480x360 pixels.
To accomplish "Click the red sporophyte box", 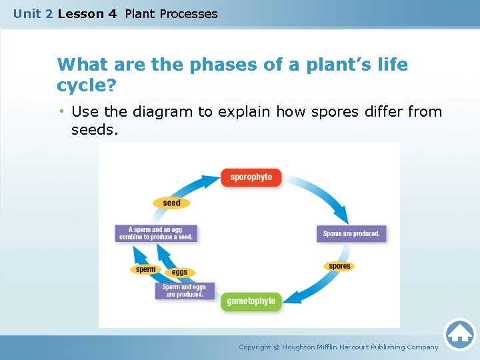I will tap(251, 177).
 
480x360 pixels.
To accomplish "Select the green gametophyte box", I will tap(251, 301).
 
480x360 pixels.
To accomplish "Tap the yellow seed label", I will tap(171, 203).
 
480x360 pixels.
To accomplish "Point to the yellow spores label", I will tap(339, 266).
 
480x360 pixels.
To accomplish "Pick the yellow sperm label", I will tap(145, 270).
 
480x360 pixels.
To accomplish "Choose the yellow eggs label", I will tap(179, 273).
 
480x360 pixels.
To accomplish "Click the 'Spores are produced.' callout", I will tap(351, 234).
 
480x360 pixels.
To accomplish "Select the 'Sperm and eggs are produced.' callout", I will tap(185, 291).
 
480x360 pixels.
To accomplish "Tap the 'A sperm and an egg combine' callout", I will tap(156, 233).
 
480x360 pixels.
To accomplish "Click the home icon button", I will tap(459, 334).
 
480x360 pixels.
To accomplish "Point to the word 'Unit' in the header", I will tap(27, 14).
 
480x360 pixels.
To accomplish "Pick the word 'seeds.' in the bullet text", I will tap(95, 130).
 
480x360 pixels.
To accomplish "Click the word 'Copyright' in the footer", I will tap(255, 347).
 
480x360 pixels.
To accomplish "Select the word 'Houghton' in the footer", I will tap(304, 347).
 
